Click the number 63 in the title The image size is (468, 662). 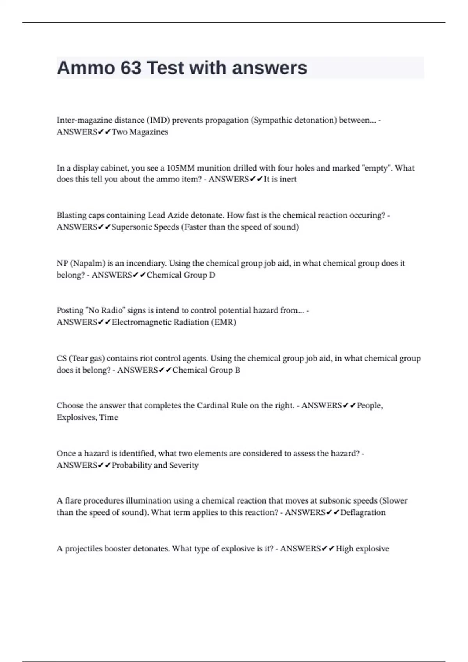tap(131, 68)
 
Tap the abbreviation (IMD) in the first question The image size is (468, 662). tap(158, 120)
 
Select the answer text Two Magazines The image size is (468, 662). tap(140, 132)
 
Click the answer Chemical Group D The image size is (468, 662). tap(181, 275)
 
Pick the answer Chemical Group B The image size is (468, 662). tap(206, 370)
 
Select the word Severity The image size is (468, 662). tap(184, 465)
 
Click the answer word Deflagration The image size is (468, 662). tap(363, 512)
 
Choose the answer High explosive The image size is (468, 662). tap(362, 549)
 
